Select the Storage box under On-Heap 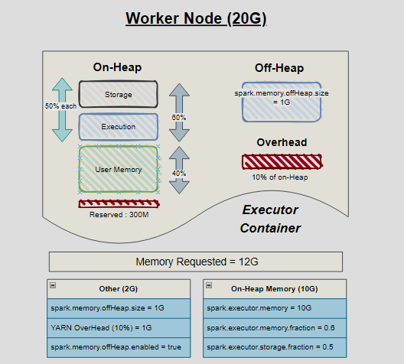tap(118, 95)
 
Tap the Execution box tap(118, 127)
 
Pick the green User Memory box tap(118, 169)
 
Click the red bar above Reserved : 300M tap(118, 203)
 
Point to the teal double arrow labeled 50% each tap(62, 109)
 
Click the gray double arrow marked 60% tap(179, 113)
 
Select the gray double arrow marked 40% tap(179, 173)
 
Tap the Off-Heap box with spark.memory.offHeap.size tap(282, 102)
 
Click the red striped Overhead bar tap(282, 161)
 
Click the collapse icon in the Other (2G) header tap(51, 285)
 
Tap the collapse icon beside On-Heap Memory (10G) tap(209, 285)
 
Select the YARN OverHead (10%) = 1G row tap(117, 327)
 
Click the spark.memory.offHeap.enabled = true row tap(117, 347)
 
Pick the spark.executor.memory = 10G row tap(274, 308)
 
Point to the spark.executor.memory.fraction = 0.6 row tap(274, 327)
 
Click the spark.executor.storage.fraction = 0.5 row tap(274, 347)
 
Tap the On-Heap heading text tap(117, 67)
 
